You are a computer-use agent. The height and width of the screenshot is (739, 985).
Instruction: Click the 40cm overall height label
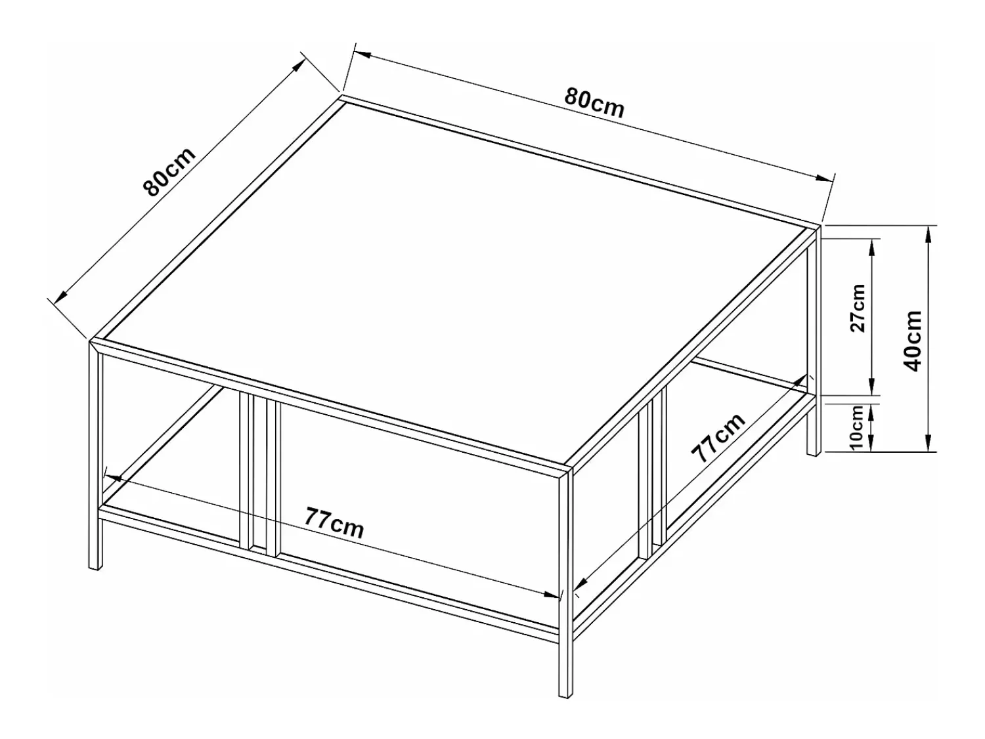(x=913, y=341)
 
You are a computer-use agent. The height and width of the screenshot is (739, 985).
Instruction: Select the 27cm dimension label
(x=858, y=308)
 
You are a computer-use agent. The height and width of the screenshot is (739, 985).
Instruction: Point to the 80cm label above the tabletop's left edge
(x=169, y=171)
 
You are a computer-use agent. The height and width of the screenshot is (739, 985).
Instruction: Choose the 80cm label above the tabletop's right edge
(x=594, y=104)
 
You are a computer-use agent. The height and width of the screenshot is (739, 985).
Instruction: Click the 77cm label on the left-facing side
(x=334, y=522)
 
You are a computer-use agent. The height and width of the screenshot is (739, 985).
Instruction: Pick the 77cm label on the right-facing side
(x=718, y=438)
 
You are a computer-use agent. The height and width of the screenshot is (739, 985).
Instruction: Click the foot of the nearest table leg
(x=566, y=695)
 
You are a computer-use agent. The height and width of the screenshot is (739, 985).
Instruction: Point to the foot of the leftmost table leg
(x=96, y=568)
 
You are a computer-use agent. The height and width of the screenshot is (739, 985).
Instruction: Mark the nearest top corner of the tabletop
(x=570, y=468)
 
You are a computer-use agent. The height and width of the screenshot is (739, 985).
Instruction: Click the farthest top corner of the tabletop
(x=341, y=96)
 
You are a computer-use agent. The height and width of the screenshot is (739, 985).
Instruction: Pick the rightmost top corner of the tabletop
(x=820, y=226)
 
